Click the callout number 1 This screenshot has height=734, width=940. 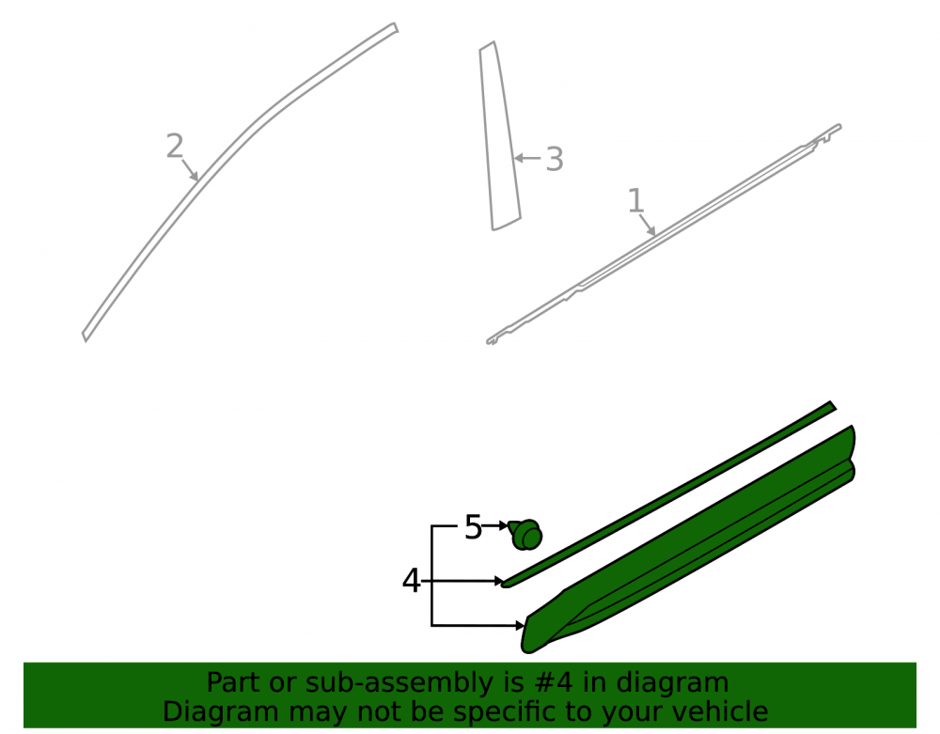click(635, 200)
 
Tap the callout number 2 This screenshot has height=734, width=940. click(175, 147)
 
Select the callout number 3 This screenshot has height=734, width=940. click(555, 160)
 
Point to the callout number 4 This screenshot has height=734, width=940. click(412, 581)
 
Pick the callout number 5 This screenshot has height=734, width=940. click(473, 527)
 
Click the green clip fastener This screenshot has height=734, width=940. click(525, 535)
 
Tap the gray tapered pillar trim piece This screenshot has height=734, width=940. click(499, 136)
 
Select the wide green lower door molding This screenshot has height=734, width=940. click(689, 539)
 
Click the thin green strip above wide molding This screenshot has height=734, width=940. click(669, 494)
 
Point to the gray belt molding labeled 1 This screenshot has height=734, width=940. click(664, 234)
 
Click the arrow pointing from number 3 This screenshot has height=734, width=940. click(528, 158)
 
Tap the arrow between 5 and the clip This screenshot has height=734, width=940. click(495, 525)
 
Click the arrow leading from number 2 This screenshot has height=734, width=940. click(190, 169)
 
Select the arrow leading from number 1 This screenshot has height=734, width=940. click(648, 225)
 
